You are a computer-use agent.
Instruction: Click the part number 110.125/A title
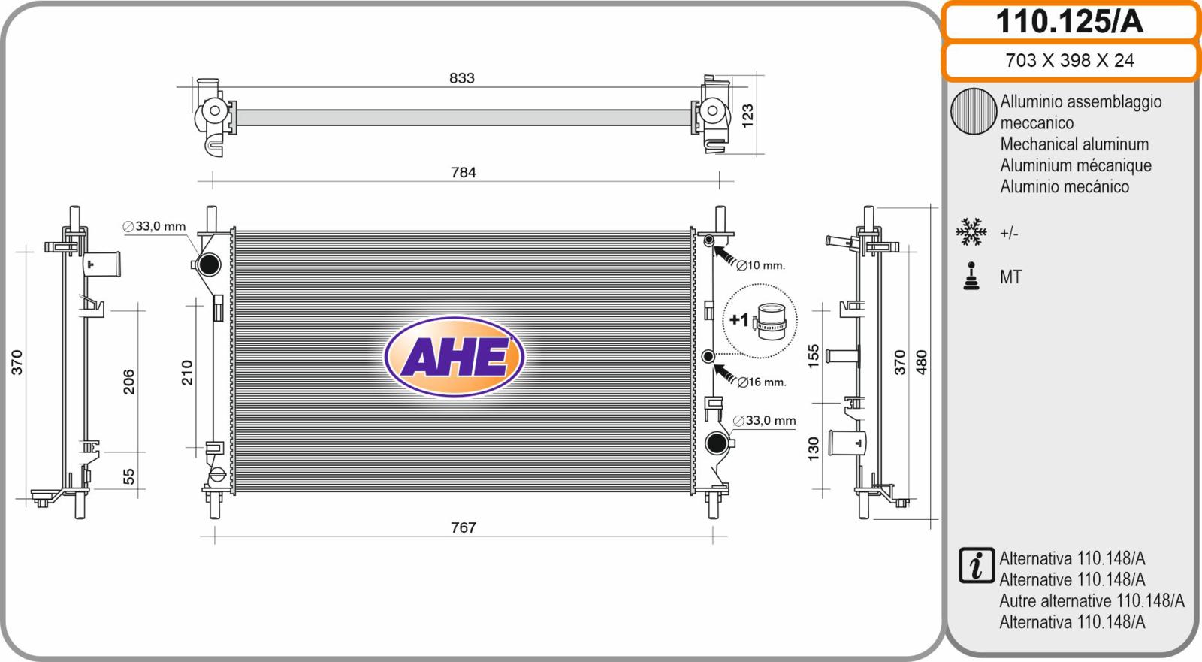(x=1069, y=22)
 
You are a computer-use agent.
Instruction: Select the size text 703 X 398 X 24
(x=1070, y=60)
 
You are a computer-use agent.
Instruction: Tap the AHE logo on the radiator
(x=454, y=356)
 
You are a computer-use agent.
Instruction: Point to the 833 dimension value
(x=462, y=78)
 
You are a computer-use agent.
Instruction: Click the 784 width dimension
(x=463, y=172)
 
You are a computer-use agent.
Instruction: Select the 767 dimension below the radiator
(x=463, y=527)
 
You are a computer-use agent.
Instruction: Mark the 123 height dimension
(x=747, y=116)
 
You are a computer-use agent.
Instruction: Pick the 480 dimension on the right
(x=921, y=362)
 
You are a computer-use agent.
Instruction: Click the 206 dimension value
(x=128, y=382)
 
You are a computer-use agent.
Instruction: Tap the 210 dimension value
(x=187, y=373)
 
